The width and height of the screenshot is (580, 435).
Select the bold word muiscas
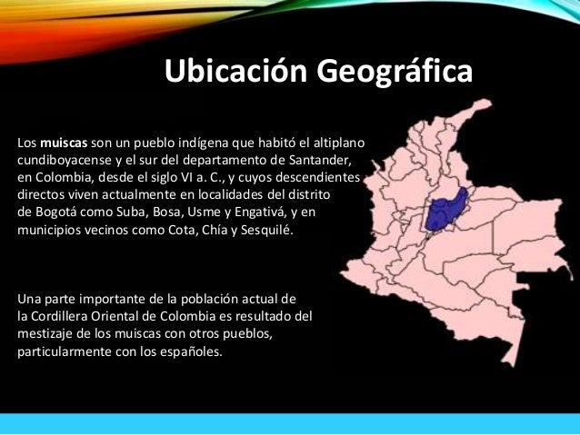tap(64, 143)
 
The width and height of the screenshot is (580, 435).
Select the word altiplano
tap(338, 143)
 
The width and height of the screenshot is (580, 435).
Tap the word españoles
tap(190, 351)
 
